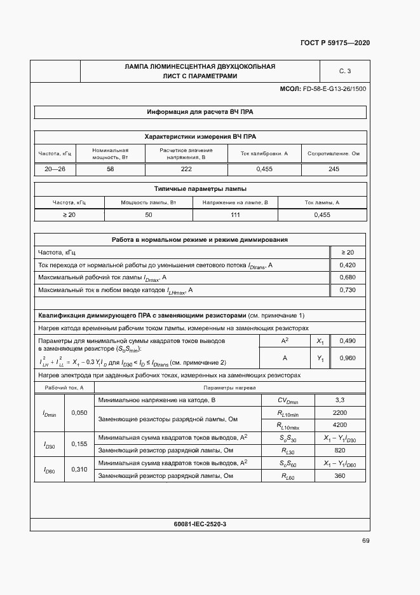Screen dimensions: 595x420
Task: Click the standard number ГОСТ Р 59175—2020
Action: coord(335,43)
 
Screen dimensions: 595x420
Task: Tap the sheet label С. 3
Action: coord(345,71)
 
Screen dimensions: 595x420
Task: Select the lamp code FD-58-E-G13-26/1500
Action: coord(334,88)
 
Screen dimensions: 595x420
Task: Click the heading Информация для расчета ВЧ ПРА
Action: coord(200,112)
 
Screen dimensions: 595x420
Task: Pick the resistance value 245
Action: coord(334,169)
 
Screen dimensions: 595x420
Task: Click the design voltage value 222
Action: coord(186,169)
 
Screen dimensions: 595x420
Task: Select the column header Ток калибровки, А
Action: coord(264,153)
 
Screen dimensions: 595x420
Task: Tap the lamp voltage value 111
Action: coord(235,215)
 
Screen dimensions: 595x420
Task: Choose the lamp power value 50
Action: coord(149,215)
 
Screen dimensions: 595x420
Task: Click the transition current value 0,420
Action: coord(348,264)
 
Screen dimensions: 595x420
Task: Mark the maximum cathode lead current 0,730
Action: coord(348,290)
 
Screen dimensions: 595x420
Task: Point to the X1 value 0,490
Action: coord(348,341)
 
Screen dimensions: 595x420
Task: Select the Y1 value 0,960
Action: coord(348,358)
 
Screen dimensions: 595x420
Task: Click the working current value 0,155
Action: coord(79,444)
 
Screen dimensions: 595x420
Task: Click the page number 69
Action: coord(365,541)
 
